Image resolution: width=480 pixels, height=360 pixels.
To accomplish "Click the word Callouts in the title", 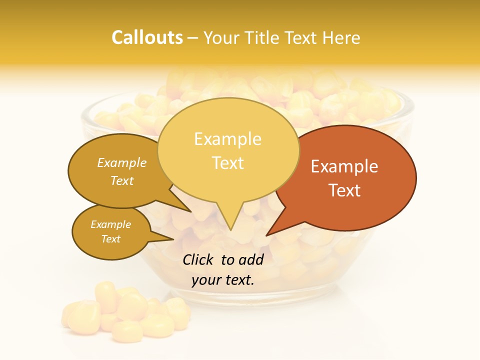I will pyautogui.click(x=147, y=37).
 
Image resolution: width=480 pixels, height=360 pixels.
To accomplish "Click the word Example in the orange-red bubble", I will pyautogui.click(x=344, y=166).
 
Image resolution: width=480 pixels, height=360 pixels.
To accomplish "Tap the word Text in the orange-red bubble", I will pyautogui.click(x=344, y=190).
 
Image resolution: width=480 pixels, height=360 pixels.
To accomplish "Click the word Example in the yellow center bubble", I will pyautogui.click(x=228, y=139).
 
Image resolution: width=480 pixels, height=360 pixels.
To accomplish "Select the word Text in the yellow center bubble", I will pyautogui.click(x=228, y=163).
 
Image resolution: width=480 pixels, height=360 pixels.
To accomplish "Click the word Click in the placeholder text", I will pyautogui.click(x=198, y=259).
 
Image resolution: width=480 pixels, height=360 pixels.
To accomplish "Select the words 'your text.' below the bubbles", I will pyautogui.click(x=223, y=280).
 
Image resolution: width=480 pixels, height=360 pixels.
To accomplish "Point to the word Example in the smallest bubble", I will pyautogui.click(x=111, y=224).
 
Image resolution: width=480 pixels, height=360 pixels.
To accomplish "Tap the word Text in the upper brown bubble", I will pyautogui.click(x=122, y=181).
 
